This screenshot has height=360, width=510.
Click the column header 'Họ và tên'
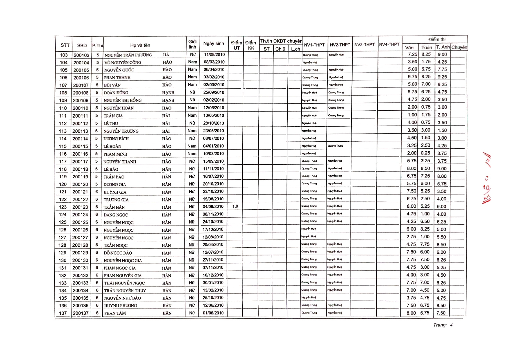tap(140, 45)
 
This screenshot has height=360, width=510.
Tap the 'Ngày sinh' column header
tap(214, 44)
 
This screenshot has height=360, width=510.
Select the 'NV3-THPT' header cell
tap(364, 44)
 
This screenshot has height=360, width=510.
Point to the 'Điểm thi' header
tap(436, 39)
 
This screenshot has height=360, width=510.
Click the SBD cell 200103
tap(81, 55)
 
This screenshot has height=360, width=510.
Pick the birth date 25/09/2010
tap(214, 92)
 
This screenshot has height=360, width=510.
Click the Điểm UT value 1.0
tap(235, 206)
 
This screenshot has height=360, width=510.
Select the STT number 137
tap(63, 313)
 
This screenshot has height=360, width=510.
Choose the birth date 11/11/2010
tap(213, 169)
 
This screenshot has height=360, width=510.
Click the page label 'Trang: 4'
tap(443, 325)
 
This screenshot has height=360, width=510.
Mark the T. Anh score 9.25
tap(442, 77)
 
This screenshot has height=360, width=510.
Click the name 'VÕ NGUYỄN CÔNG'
tap(123, 62)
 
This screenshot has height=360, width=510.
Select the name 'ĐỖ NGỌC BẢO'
tap(118, 253)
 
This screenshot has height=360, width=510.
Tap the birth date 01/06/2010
tap(213, 313)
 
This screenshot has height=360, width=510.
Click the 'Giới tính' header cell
tap(192, 44)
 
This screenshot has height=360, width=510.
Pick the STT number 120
tap(63, 184)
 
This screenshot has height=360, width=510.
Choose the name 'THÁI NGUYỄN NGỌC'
tap(124, 283)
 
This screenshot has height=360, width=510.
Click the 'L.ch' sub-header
tap(295, 49)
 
